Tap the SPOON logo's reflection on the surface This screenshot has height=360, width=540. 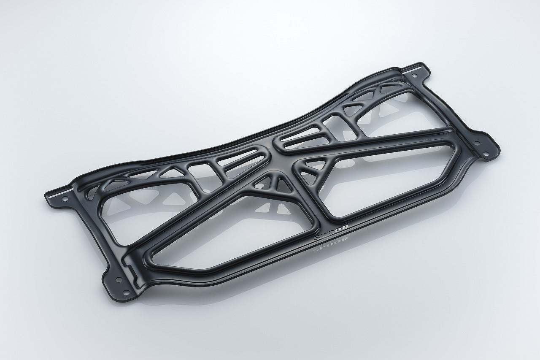tap(330, 246)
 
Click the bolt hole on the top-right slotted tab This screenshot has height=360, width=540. tap(415, 76)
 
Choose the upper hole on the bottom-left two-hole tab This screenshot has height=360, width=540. tap(117, 279)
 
